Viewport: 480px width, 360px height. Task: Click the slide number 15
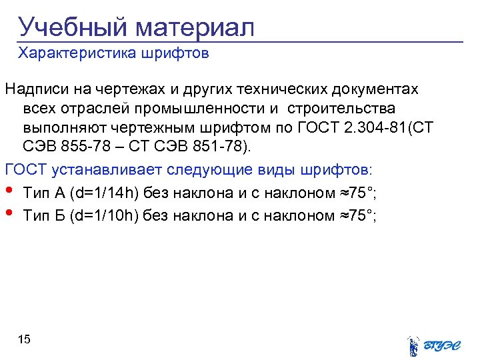tap(24, 340)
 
